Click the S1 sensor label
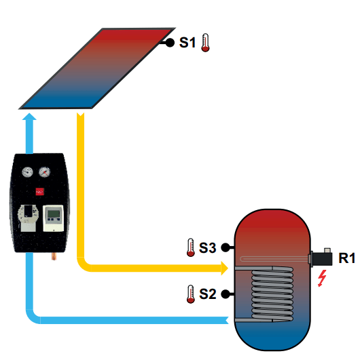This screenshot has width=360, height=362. pos(187,43)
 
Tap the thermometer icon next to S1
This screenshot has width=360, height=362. pos(205,43)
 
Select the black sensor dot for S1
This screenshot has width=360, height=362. pos(170,43)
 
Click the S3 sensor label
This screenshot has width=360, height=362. pos(208,247)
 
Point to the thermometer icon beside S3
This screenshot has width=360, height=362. pos(190,247)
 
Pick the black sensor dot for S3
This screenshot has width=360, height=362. pos(226,247)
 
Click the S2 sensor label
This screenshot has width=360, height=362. pos(208,294)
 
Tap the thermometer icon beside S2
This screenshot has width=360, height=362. pos(190,294)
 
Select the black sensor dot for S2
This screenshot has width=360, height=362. pos(226,294)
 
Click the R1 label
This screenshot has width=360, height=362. pos(346,258)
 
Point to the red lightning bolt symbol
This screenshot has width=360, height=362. pos(322,278)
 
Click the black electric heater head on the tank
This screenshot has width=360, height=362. pos(322,258)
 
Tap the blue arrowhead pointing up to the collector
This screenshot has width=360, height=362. pos(29,117)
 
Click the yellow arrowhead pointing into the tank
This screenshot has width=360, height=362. pos(225,268)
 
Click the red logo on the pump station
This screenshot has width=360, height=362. pos(39,192)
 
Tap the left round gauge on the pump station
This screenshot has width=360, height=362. pos(27,172)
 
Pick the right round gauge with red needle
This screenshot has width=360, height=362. pos(45,172)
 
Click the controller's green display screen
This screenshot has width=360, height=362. pos(54,214)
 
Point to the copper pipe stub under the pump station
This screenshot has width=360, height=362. pos(54,256)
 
